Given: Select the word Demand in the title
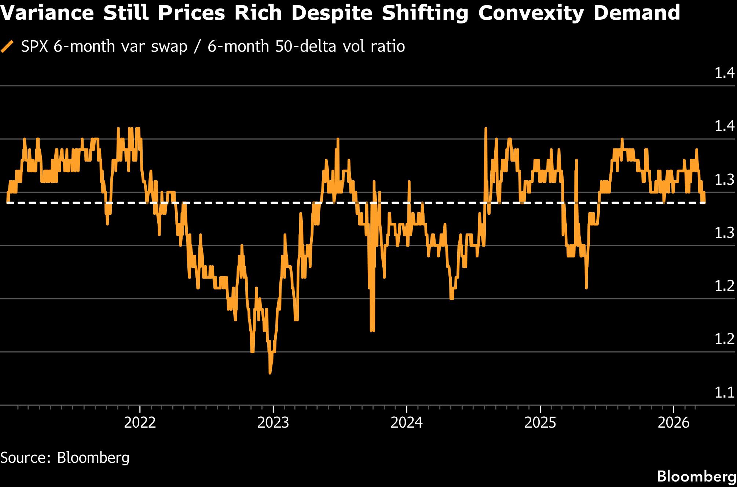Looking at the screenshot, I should click(637, 13).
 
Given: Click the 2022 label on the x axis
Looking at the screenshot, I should click(140, 423).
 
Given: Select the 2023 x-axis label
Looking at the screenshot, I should click(273, 423).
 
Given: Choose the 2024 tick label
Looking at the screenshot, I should click(407, 423).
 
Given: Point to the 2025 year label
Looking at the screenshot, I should click(540, 423).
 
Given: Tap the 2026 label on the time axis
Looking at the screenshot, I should click(674, 423).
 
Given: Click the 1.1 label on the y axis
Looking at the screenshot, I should click(724, 393).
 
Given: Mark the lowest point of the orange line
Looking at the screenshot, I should click(270, 373).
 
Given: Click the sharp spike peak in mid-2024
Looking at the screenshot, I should click(486, 128).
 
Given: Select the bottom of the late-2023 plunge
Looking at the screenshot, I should click(372, 331).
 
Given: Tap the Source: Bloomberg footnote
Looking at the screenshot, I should click(65, 458).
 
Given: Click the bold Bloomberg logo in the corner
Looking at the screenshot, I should click(696, 476).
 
